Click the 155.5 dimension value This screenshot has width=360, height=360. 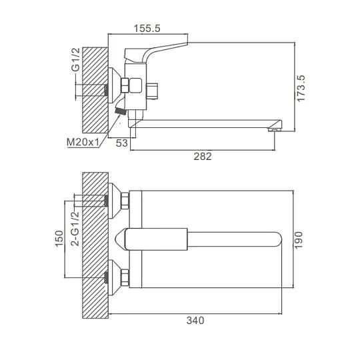point(147,29)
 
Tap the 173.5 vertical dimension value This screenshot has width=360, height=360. point(301,88)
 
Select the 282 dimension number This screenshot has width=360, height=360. point(203,157)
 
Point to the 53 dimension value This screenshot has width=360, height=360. point(121,143)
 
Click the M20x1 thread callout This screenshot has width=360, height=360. point(83,142)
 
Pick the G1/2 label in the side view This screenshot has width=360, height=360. point(75,59)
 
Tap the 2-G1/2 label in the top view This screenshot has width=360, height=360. point(75,229)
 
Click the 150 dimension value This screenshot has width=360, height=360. point(59,238)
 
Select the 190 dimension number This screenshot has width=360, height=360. point(299,240)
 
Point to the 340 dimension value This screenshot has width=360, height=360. point(195,320)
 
